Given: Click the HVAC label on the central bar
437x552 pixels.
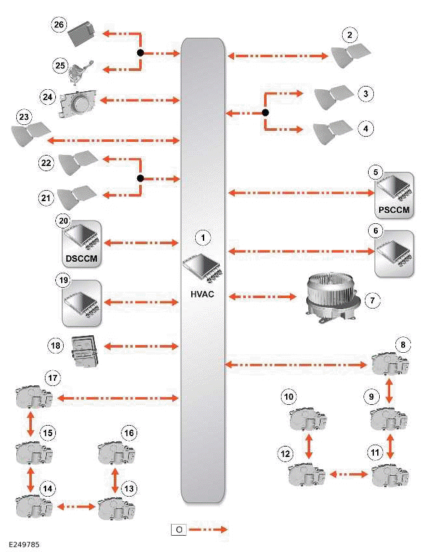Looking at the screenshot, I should pos(202,294).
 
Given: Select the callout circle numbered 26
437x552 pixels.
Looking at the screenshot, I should pos(59,25).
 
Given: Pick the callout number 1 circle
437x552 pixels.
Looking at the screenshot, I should pos(203,238).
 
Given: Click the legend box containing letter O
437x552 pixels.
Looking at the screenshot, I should pos(178,530).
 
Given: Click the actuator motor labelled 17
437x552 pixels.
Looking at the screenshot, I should pos(33,397).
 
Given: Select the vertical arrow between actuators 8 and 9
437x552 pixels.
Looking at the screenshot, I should pos(390,390).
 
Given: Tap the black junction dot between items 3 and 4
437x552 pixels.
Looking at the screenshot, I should pos(265,113).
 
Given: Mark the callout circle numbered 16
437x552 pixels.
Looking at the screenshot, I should pos(128,433).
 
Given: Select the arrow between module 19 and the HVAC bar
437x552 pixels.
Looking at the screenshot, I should pos(142,302).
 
